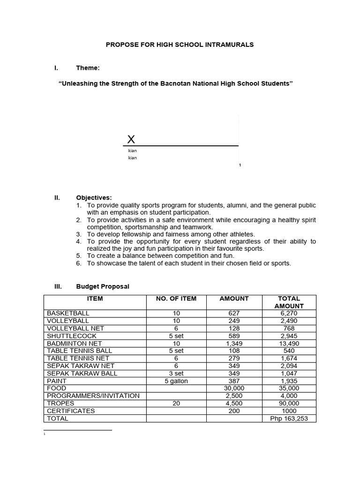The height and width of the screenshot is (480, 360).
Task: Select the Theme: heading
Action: point(88,68)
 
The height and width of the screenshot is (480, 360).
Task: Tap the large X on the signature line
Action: point(131,139)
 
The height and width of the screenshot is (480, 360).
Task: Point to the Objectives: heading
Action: point(94,197)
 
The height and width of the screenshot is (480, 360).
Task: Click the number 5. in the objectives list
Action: point(79,255)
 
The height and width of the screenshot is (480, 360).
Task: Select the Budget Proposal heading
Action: point(103,286)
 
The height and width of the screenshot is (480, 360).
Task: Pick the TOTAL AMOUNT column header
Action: point(289,302)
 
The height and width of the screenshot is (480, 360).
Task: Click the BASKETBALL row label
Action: point(68,313)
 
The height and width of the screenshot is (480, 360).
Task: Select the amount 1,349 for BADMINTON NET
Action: point(234,343)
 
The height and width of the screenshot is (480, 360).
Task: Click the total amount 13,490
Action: point(289,343)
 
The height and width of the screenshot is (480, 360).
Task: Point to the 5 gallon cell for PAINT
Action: point(176,381)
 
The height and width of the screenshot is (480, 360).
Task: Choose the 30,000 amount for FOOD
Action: point(234,388)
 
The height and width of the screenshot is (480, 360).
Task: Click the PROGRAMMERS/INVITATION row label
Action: point(93,396)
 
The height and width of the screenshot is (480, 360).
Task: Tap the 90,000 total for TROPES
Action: point(289,403)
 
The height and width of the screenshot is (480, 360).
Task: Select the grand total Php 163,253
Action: point(289,418)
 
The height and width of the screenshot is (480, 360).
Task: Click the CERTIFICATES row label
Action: point(71,411)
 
